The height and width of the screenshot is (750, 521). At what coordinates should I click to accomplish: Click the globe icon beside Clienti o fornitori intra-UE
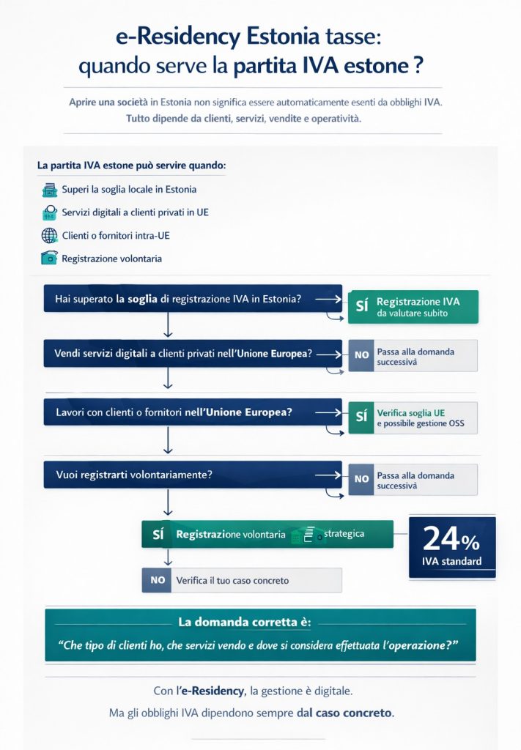tap(50, 236)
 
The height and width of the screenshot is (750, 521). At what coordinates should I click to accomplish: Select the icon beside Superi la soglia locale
tap(50, 190)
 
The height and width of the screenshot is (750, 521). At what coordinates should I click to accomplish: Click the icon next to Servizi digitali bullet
tap(50, 212)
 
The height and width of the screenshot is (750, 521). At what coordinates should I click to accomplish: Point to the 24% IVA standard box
tap(451, 547)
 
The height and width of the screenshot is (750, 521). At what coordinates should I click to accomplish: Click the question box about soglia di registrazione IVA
tap(193, 298)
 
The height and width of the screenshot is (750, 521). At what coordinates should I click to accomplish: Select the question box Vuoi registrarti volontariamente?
tap(193, 475)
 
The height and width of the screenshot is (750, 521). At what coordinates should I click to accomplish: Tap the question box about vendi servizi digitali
tap(193, 354)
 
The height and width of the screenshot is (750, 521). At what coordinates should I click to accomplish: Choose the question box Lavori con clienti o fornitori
tap(193, 412)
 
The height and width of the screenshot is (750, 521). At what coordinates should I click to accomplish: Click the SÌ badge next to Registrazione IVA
tap(361, 307)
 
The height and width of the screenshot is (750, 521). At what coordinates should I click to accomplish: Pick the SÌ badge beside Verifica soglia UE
tap(361, 417)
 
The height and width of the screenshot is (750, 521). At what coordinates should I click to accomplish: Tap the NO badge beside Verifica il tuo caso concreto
tap(158, 580)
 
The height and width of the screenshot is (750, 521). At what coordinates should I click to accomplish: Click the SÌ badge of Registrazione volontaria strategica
tap(158, 535)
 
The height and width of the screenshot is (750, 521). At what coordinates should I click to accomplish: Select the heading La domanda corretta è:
tap(245, 623)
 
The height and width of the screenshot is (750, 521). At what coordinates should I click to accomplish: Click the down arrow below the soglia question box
tap(169, 322)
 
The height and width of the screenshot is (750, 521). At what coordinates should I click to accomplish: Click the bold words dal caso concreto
tap(344, 713)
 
